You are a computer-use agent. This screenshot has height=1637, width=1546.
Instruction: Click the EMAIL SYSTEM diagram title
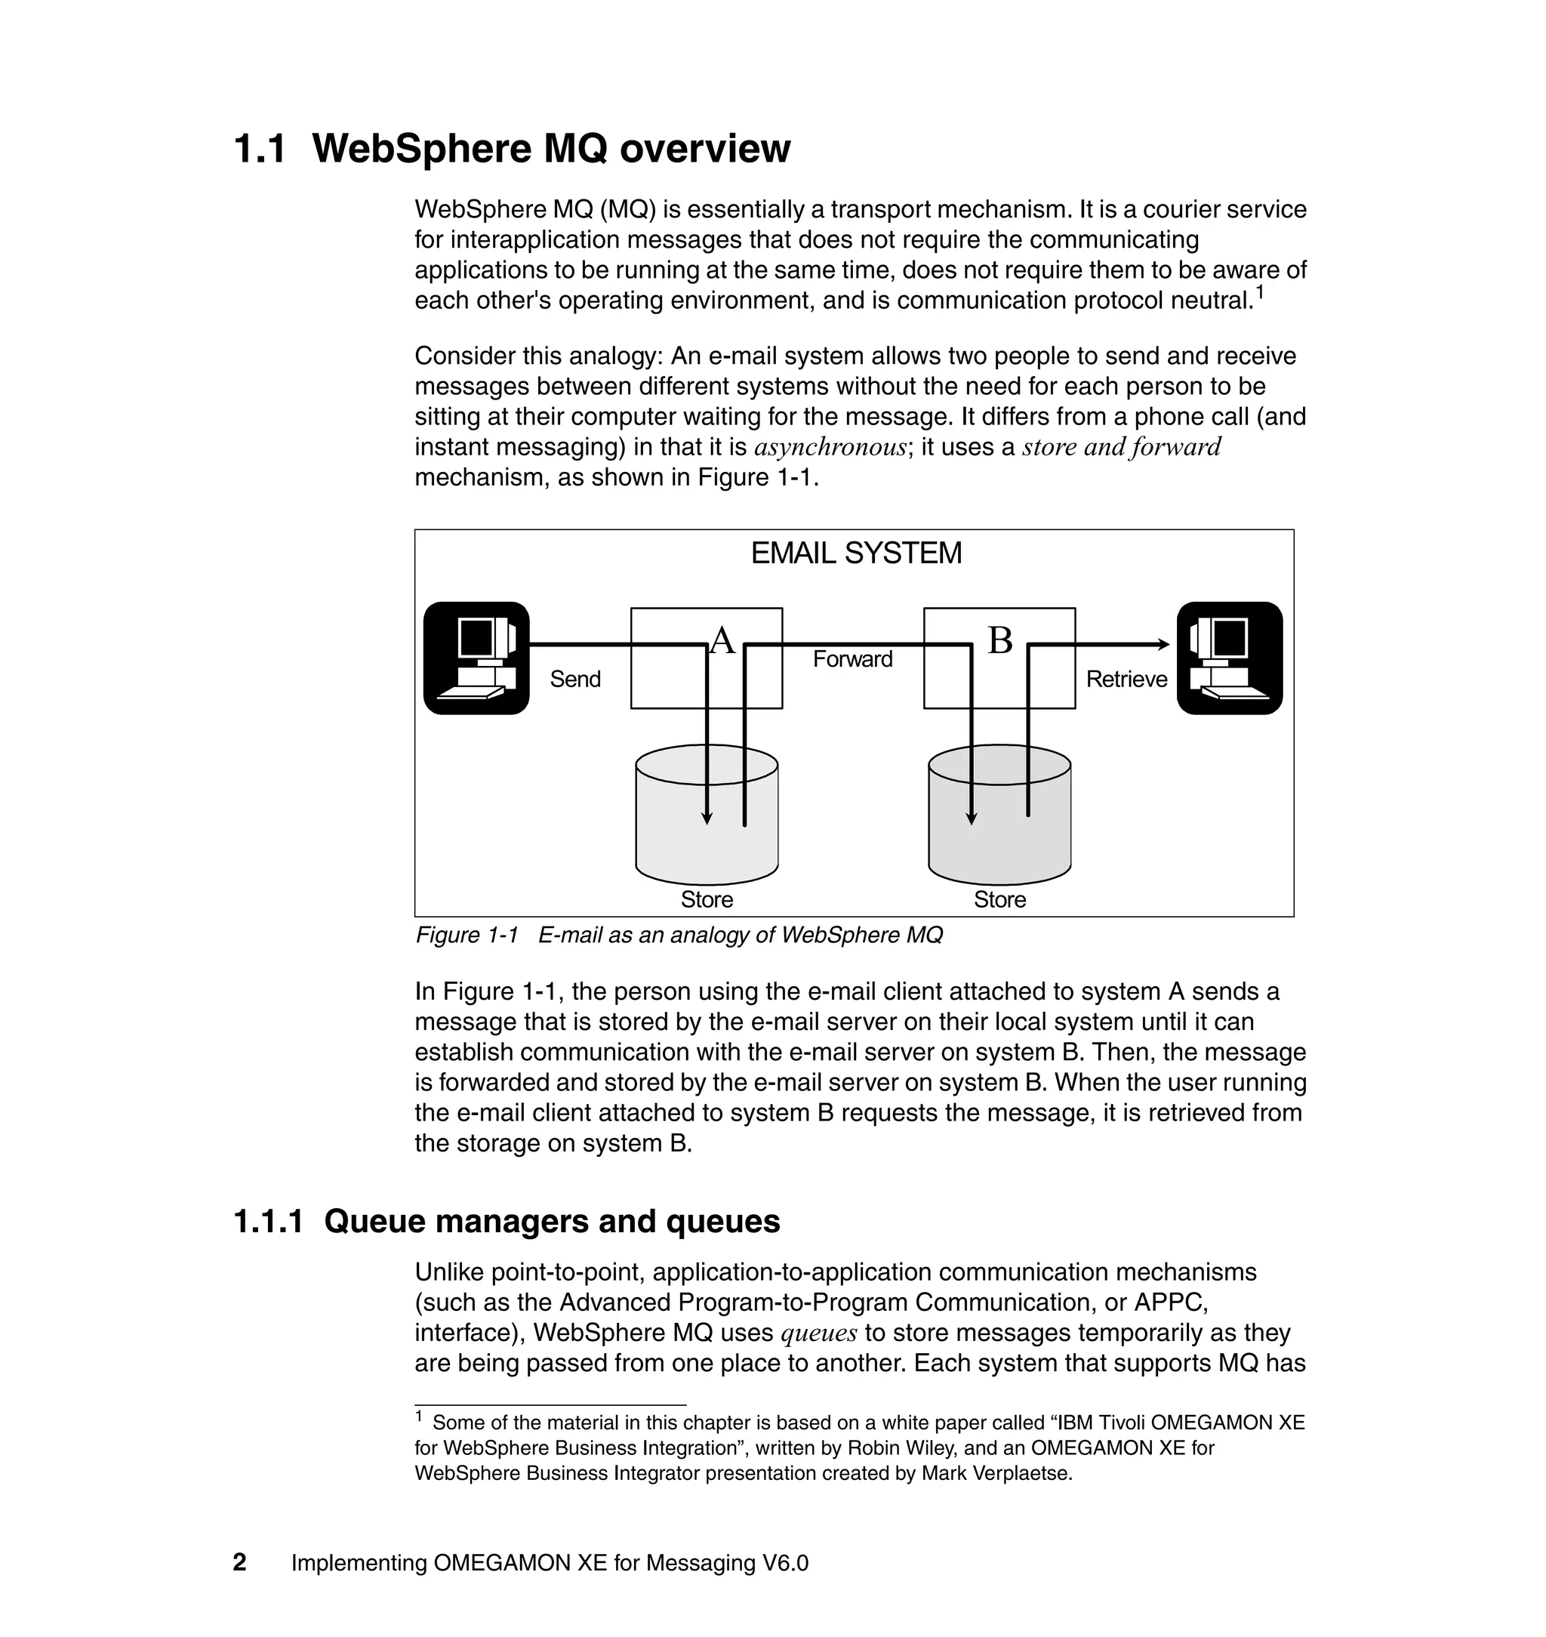coord(855,553)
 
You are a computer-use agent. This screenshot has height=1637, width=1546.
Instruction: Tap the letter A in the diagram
coord(722,640)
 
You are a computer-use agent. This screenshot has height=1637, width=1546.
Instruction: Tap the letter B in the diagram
coord(999,640)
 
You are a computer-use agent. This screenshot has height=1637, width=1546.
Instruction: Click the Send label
coord(575,680)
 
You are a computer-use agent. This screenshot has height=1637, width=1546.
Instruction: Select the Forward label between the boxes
coord(852,659)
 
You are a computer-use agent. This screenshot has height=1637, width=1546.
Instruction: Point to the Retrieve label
coord(1126,680)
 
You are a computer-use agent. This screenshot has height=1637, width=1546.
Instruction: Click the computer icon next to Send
coord(476,658)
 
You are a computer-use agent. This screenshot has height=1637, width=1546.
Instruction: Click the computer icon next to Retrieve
coord(1229,658)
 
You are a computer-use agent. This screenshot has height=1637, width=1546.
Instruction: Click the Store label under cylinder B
coord(999,899)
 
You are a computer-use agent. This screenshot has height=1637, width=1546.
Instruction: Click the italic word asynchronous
coord(830,448)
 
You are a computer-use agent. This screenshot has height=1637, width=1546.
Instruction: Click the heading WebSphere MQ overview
coord(550,150)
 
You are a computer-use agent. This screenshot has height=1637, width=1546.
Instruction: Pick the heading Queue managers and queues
coord(551,1221)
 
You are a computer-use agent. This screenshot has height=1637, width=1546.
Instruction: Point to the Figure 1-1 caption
coord(678,936)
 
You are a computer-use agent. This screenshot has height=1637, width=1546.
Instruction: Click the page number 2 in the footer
coord(240,1562)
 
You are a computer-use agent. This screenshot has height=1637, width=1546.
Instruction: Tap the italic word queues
coord(818,1333)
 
